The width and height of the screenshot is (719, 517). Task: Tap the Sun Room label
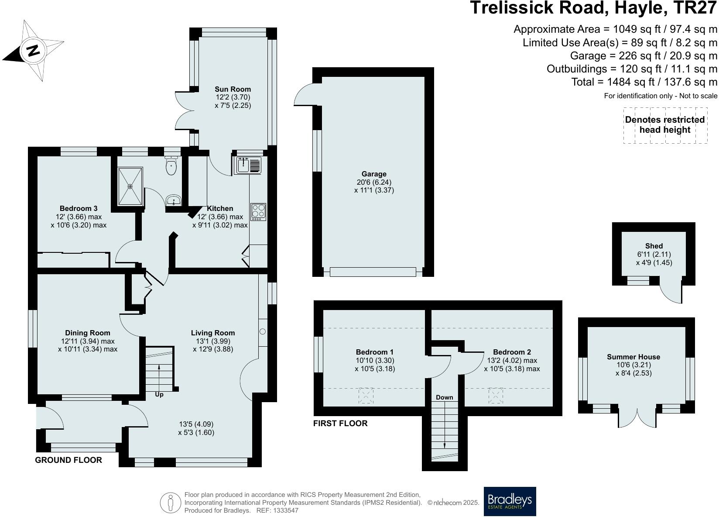click(x=233, y=89)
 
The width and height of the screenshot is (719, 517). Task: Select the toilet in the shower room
click(x=171, y=165)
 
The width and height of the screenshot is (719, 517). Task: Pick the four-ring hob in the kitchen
click(x=258, y=212)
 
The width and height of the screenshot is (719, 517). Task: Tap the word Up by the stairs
click(x=159, y=394)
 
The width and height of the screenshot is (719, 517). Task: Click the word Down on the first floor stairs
click(x=444, y=397)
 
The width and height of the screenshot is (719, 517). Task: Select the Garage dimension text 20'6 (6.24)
click(x=374, y=182)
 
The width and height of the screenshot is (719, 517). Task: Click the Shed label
click(x=654, y=246)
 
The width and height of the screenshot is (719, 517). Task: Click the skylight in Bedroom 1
click(x=366, y=396)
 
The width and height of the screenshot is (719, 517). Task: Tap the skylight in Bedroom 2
click(x=496, y=396)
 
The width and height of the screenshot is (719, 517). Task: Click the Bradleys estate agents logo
click(x=510, y=501)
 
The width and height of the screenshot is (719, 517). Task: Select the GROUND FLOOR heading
click(x=68, y=460)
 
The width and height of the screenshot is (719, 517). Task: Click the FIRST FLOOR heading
click(x=340, y=423)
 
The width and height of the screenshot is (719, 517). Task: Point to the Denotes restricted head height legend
click(x=664, y=125)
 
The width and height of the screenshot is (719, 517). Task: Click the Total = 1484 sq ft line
click(x=644, y=82)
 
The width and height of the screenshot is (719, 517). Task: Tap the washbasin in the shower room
click(x=174, y=201)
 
